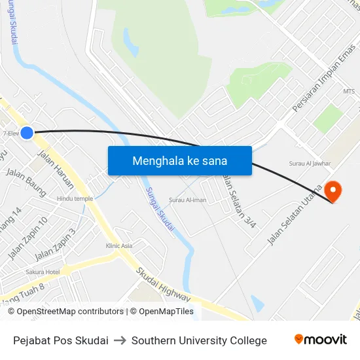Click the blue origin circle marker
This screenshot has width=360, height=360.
click(27, 133)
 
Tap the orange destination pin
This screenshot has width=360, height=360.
click(333, 190)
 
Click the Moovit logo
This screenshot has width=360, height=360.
click(320, 340)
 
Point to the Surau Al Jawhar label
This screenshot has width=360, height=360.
click(310, 164)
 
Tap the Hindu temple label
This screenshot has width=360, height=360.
click(75, 198)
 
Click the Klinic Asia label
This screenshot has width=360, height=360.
click(119, 245)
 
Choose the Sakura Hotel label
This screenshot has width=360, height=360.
click(43, 272)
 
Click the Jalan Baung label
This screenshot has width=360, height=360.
click(26, 182)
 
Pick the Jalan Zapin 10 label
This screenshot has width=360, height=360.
click(28, 238)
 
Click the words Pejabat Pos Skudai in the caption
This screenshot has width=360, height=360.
click(61, 340)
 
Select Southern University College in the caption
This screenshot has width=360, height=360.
click(199, 340)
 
